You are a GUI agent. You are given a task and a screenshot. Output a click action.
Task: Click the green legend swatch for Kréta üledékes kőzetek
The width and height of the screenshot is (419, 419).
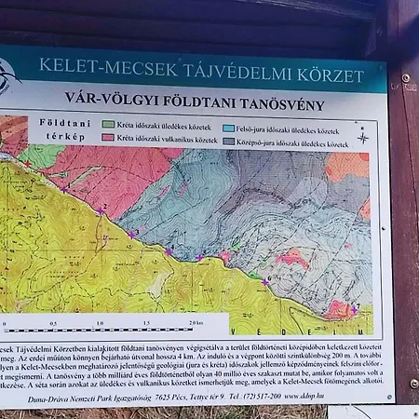(109, 124)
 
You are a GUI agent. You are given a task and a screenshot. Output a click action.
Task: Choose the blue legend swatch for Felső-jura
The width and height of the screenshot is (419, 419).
(228, 127)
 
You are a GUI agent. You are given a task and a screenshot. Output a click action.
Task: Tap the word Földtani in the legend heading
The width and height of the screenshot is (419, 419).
(58, 121)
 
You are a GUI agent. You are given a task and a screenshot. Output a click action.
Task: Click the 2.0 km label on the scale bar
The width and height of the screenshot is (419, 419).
(194, 323)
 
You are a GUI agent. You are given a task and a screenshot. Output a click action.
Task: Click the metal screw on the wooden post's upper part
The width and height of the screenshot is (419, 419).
(406, 77)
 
